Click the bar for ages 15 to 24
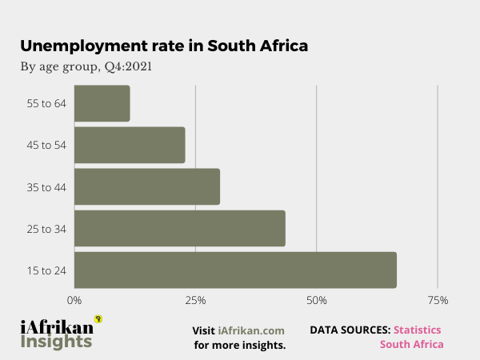235,270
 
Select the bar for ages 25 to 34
180,228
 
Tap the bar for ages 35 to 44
147,186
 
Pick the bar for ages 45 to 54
130,145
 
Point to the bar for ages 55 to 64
102,103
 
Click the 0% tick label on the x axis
74,300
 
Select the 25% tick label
195,300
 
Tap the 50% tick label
317,300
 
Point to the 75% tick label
438,300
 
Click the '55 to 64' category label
46,103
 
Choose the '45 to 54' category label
46,145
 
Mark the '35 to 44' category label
46,187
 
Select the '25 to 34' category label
46,229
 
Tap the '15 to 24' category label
46,270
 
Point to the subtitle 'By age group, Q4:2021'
86,66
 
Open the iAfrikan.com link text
251,330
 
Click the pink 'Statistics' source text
417,329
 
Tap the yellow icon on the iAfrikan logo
98,318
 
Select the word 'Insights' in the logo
56,342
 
